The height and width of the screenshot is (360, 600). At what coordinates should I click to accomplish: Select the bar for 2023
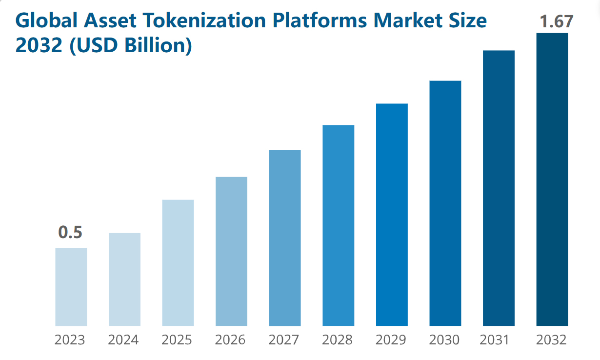[71, 287]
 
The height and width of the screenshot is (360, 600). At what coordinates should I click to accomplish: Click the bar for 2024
[124, 280]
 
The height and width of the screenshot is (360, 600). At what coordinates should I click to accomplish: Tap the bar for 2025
[178, 263]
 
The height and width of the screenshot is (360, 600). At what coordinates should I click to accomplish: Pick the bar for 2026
[231, 251]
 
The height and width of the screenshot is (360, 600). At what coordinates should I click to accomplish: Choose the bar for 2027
[285, 238]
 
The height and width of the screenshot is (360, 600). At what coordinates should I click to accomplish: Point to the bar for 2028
[339, 225]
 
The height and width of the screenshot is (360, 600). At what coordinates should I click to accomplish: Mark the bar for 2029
[392, 215]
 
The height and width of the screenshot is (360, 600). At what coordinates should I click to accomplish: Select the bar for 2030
[445, 203]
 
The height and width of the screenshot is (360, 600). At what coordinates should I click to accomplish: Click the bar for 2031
[499, 188]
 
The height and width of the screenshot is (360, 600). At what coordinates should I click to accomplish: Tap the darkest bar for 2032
[552, 180]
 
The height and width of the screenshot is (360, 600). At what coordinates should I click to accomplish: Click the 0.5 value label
[70, 233]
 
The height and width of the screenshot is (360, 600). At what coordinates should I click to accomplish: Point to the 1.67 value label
[556, 21]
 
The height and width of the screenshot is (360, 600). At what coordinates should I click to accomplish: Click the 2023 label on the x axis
[70, 340]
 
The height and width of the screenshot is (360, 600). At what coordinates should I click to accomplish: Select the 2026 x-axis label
[230, 340]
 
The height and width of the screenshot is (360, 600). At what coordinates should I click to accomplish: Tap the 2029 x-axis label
[391, 340]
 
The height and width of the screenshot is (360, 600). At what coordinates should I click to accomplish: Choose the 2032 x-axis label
[551, 340]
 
